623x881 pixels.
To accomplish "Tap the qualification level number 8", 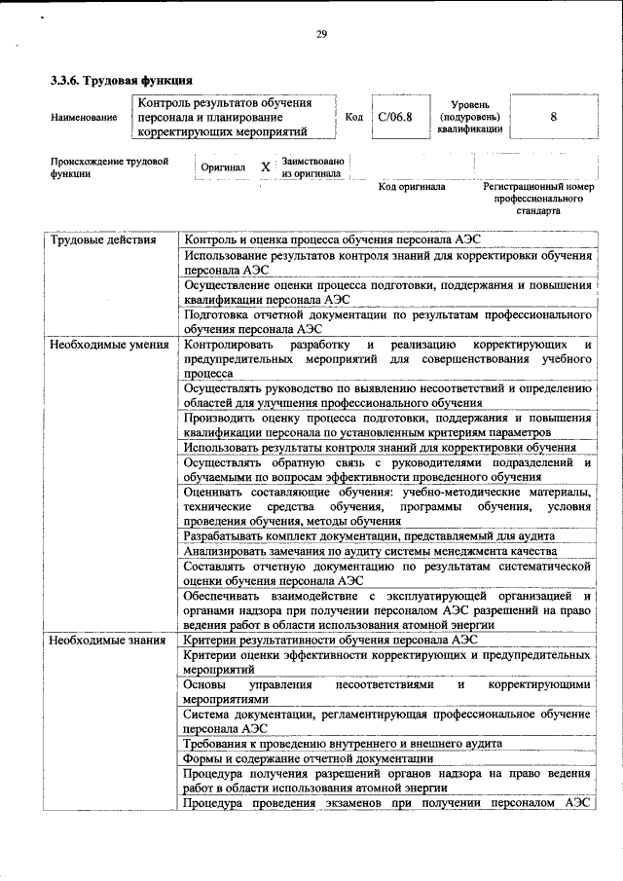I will pyautogui.click(x=553, y=116).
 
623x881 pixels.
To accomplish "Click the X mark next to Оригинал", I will pyautogui.click(x=265, y=167).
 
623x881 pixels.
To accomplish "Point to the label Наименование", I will pyautogui.click(x=84, y=117).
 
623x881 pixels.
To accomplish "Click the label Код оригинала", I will pyautogui.click(x=412, y=186).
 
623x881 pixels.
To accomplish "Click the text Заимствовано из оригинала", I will pyautogui.click(x=311, y=167).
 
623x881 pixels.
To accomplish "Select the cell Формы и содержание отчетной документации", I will pyautogui.click(x=308, y=758).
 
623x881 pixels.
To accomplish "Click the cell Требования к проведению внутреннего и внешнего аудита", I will pyautogui.click(x=343, y=743).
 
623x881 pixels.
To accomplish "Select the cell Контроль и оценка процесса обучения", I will pyautogui.click(x=331, y=239).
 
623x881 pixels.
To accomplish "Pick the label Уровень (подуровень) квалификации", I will pyautogui.click(x=469, y=116).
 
